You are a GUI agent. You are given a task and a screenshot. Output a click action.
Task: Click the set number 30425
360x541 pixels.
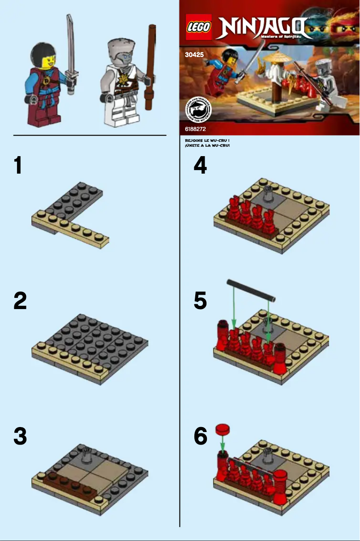click(194, 56)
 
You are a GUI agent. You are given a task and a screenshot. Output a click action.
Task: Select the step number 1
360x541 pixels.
click(18, 166)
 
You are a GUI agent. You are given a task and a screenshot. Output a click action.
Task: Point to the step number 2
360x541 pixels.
click(20, 301)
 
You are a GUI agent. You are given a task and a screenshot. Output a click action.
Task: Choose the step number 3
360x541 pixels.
click(20, 436)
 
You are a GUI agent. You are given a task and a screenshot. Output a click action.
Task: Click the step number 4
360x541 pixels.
click(200, 166)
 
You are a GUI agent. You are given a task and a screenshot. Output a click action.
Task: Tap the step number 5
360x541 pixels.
click(200, 301)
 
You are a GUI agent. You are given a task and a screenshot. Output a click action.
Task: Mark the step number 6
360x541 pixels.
click(200, 436)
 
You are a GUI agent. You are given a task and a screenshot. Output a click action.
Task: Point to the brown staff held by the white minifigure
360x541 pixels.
click(152, 58)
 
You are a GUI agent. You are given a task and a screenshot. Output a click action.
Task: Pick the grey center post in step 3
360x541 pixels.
click(87, 456)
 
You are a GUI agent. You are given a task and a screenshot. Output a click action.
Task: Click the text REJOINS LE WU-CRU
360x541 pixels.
click(207, 141)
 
